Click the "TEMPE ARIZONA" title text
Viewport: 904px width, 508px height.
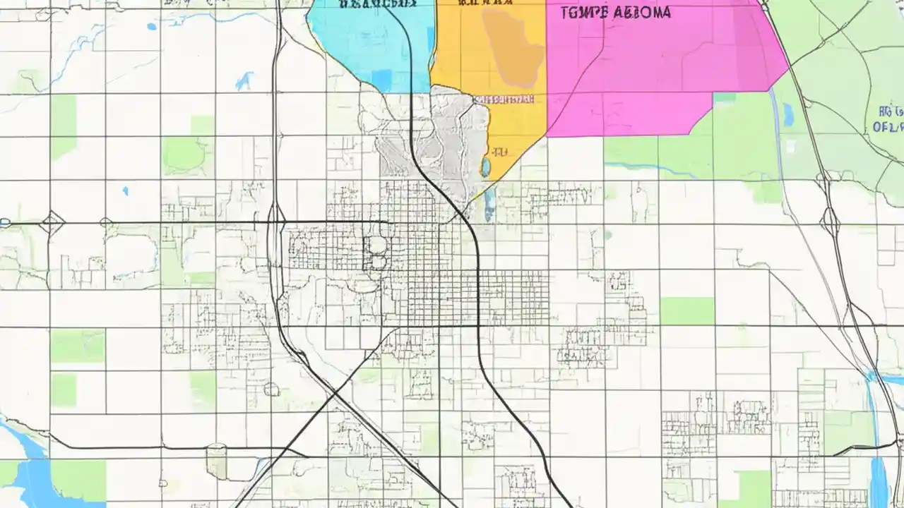point(615,13)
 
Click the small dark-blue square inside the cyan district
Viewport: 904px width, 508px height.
point(381,79)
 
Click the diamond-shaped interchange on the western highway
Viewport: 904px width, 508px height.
point(52,224)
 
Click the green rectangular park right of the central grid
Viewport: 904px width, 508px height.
point(686,311)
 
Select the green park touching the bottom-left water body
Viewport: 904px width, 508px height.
point(78,480)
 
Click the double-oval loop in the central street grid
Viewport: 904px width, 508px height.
point(375,253)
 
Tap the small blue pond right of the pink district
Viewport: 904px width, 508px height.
point(788,114)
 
